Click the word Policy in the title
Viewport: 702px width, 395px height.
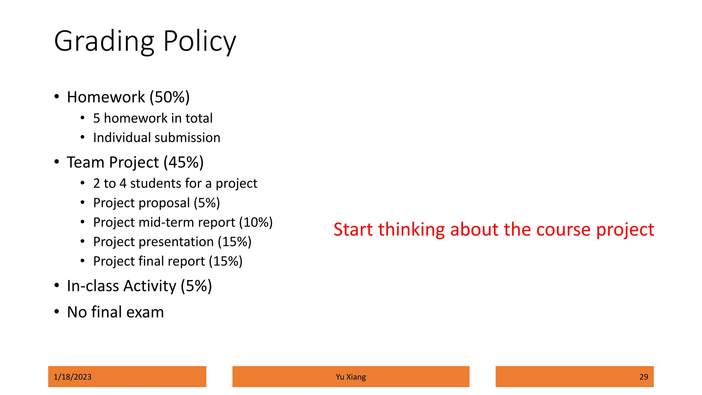[x=199, y=42]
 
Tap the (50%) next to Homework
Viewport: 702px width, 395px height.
[x=169, y=97]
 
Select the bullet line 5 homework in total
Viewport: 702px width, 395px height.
[x=153, y=118]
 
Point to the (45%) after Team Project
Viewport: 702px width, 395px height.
[x=183, y=162]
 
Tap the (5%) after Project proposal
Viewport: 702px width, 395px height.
[x=207, y=203]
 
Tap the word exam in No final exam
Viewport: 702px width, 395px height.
[x=145, y=312]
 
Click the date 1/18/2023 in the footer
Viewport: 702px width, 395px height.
[x=73, y=377]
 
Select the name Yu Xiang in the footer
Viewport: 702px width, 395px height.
[x=351, y=377]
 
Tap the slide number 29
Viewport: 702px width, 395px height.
[x=643, y=377]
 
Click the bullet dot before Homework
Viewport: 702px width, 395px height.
[x=57, y=97]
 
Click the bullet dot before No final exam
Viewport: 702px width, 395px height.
[x=57, y=312]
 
